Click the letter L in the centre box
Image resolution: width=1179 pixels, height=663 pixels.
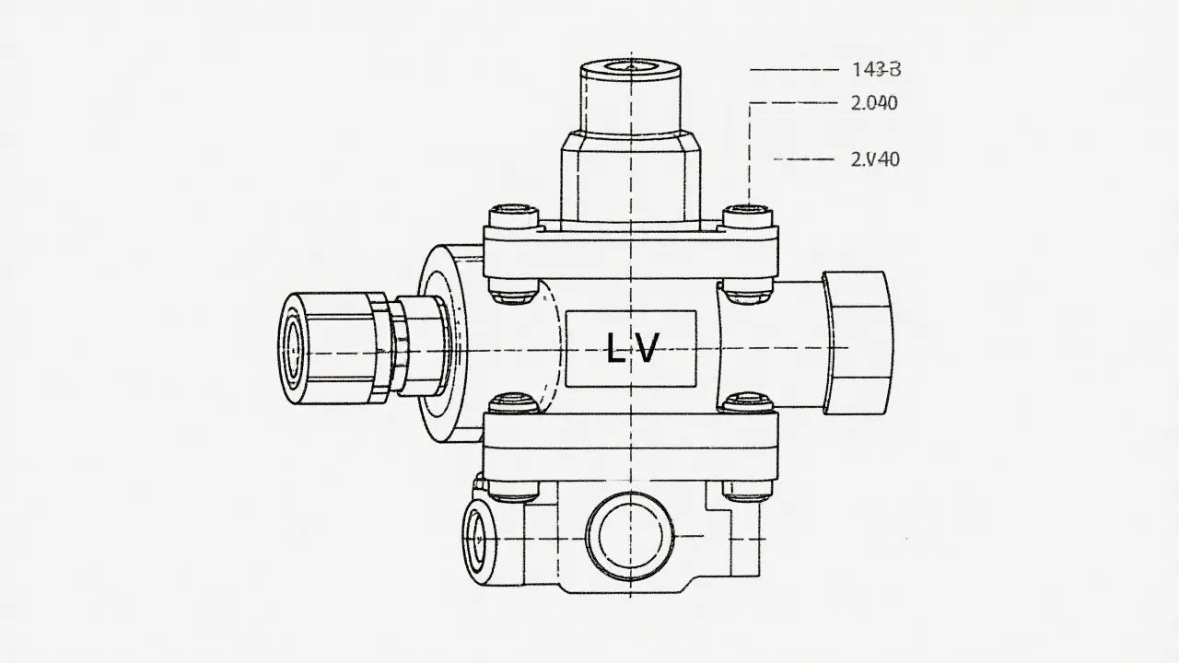(x=615, y=349)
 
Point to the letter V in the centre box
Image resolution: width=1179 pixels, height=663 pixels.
(x=648, y=349)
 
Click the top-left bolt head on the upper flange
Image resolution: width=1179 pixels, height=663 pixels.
(x=514, y=216)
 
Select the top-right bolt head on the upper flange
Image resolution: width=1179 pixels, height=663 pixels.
(x=748, y=216)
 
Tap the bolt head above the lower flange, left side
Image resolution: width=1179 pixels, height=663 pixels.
(x=514, y=402)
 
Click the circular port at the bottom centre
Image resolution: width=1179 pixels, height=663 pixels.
(x=631, y=533)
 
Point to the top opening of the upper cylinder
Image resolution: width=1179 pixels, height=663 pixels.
(x=631, y=67)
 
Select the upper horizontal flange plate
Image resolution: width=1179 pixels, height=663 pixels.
(x=631, y=251)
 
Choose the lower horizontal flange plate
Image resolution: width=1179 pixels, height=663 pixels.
(x=631, y=446)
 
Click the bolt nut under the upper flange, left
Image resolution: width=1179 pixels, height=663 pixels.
(x=514, y=295)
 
